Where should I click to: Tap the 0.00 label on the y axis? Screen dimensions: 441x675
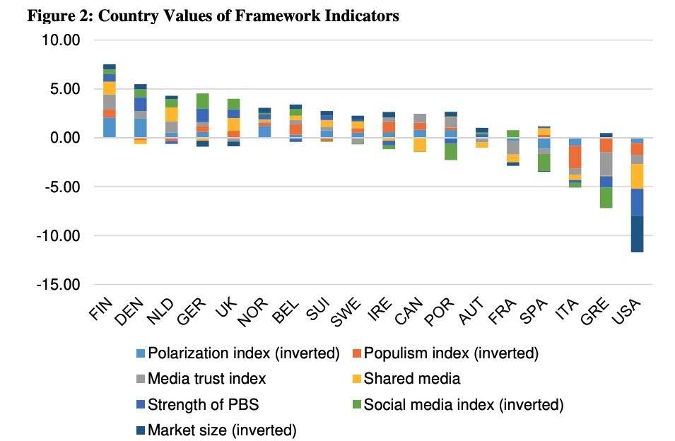click(61, 138)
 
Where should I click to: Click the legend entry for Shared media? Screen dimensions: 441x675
click(412, 379)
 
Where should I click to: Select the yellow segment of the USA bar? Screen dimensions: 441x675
click(637, 176)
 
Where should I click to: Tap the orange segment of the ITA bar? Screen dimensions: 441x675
click(575, 156)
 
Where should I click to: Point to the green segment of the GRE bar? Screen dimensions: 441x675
click(606, 197)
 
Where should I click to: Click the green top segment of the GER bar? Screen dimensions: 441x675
click(202, 101)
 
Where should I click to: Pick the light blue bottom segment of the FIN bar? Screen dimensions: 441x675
click(110, 127)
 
